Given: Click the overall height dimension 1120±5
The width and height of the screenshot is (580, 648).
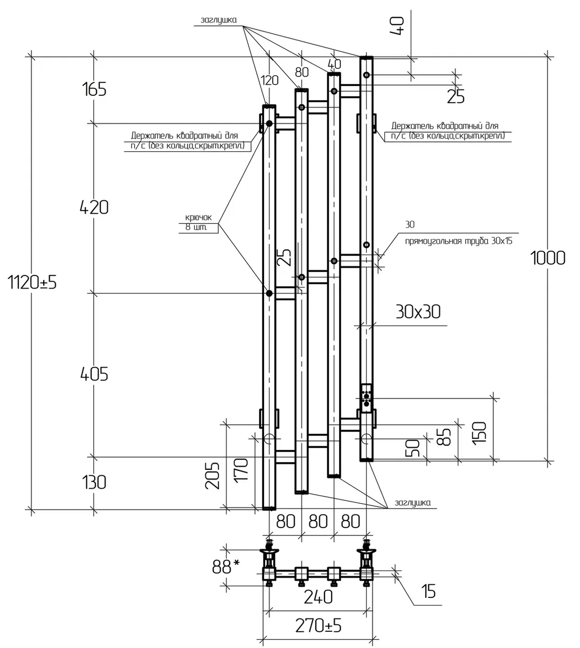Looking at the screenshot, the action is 32,283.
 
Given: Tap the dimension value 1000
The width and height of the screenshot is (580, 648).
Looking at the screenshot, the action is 548,258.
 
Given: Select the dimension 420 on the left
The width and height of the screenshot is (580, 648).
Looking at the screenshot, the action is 94,207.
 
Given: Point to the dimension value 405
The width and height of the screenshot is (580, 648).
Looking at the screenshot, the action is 94,374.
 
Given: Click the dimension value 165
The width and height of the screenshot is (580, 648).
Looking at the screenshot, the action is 94,89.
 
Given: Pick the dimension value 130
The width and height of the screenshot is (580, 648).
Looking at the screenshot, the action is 94,482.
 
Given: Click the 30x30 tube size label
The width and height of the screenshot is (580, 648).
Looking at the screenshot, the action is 418,312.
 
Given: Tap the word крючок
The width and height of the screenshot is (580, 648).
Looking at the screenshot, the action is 198,217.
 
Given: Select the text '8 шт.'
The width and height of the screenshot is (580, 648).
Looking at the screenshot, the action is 196,228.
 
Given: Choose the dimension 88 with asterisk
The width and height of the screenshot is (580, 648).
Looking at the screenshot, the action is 226,566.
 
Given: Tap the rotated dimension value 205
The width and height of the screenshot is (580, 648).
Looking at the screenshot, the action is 212,476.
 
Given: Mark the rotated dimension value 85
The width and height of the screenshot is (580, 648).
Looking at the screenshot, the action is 444,437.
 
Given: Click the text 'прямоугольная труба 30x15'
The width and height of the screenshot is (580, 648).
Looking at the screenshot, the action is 459,241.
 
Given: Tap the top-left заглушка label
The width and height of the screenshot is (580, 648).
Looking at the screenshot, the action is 219,20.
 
